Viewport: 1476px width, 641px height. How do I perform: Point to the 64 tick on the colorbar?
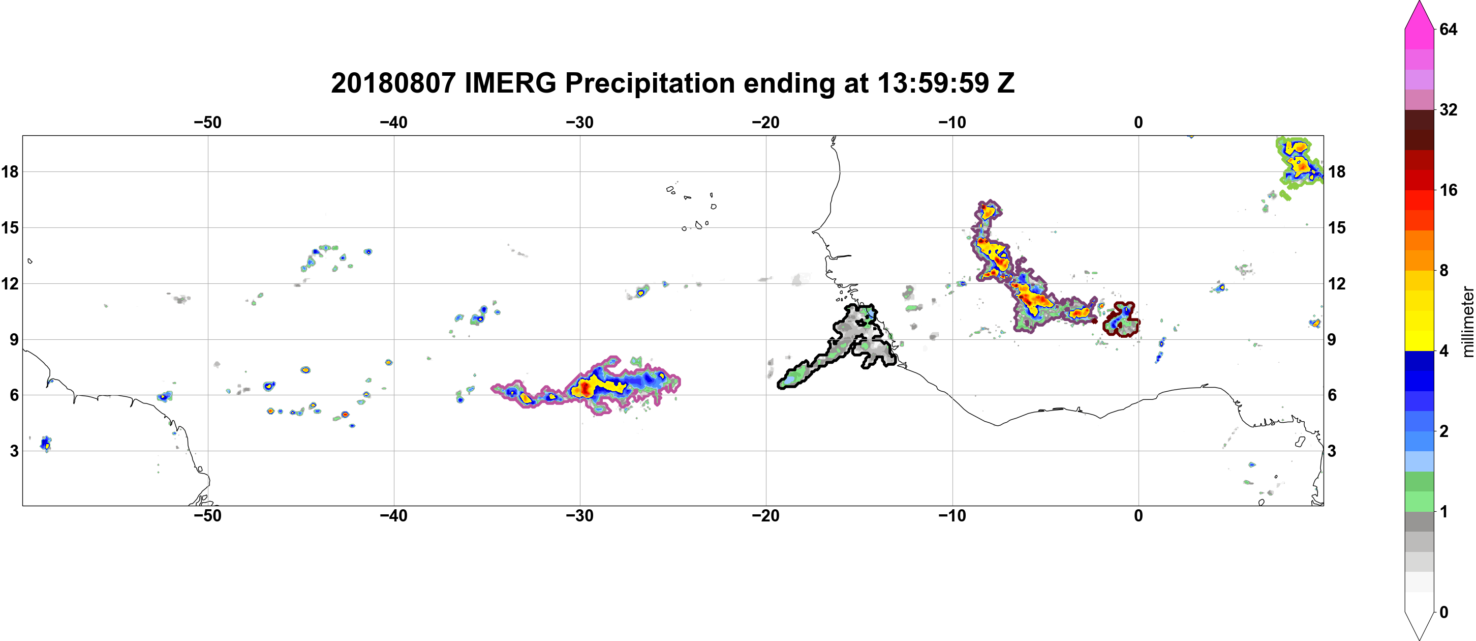coord(1448,29)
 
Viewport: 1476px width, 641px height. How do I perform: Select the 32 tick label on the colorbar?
coord(1448,109)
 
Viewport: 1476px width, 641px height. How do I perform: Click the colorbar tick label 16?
coord(1448,190)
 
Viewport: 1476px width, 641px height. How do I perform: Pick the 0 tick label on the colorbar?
coord(1444,613)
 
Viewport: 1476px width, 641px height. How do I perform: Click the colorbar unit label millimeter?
coord(1467,322)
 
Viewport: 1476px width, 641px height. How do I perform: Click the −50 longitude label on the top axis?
coord(207,123)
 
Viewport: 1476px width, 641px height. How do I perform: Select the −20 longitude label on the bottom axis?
coord(766,516)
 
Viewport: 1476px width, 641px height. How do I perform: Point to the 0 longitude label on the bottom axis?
coord(1138,516)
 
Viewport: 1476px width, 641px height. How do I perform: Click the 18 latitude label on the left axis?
coord(10,171)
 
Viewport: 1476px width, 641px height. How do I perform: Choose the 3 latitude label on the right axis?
coord(1332,451)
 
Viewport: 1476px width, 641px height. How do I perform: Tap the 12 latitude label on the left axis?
coord(10,283)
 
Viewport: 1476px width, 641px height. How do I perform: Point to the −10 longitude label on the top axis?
coord(952,123)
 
